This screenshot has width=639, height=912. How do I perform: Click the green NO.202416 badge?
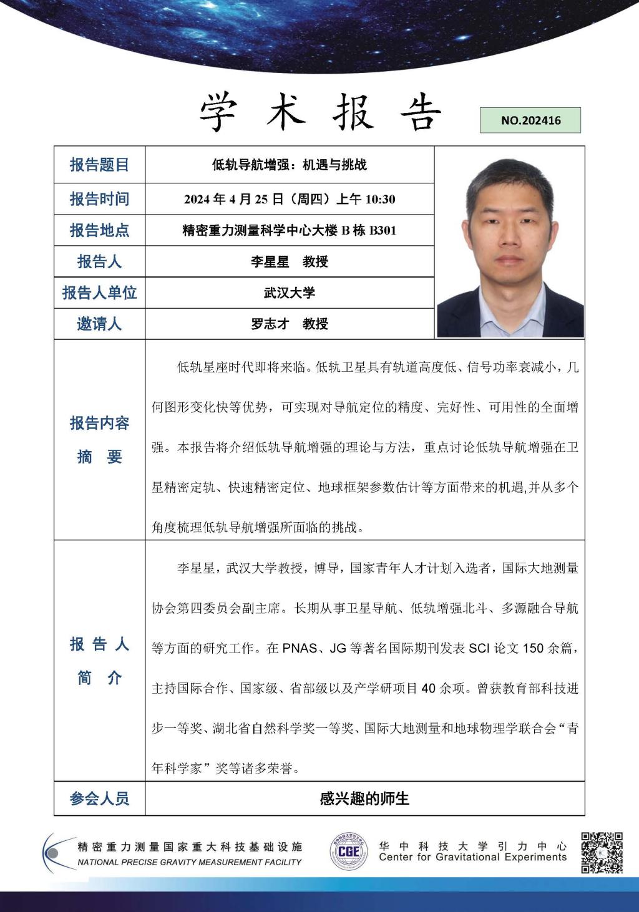[x=530, y=120]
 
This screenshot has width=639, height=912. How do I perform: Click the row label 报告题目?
[x=99, y=165]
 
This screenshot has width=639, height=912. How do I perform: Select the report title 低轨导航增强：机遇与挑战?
[x=289, y=165]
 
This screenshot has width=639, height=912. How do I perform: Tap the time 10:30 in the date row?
[x=380, y=200]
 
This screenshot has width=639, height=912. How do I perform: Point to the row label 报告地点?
[x=99, y=230]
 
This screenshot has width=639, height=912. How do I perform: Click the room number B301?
[x=383, y=231]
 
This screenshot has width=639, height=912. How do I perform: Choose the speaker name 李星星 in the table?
[x=270, y=261]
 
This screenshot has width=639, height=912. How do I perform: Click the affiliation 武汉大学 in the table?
[x=289, y=293]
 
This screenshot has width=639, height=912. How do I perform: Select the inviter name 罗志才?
[x=270, y=324]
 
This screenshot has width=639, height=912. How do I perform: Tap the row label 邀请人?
[x=99, y=324]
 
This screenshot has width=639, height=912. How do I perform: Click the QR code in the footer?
[x=602, y=852]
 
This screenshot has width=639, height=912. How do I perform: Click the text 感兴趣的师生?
[x=364, y=798]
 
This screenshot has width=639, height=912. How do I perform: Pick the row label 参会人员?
[x=99, y=798]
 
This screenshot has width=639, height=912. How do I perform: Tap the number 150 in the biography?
[x=533, y=648]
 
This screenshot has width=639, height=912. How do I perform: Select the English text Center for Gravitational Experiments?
[x=472, y=858]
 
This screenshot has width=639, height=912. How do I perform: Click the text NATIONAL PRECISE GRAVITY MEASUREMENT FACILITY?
[x=189, y=862]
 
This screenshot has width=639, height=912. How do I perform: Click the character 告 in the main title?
[x=419, y=114]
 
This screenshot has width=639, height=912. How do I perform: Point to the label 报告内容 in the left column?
[x=99, y=423]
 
